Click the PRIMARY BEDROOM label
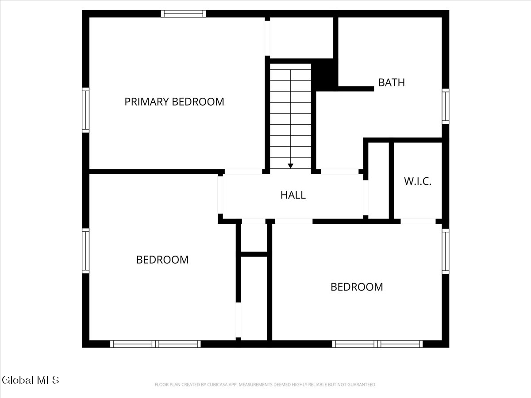(x=174, y=102)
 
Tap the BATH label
(x=391, y=82)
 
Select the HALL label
(x=293, y=195)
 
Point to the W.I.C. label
(x=417, y=181)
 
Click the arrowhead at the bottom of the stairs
(x=290, y=166)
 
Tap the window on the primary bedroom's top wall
(x=183, y=14)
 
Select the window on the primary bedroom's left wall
(x=85, y=110)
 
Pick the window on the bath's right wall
(x=445, y=106)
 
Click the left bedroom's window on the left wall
(x=85, y=250)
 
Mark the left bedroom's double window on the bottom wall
(x=155, y=344)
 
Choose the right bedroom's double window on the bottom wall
(x=377, y=344)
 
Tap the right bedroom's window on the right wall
(x=445, y=251)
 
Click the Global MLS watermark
(x=30, y=380)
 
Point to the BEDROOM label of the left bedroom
(x=162, y=260)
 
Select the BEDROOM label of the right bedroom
(x=357, y=287)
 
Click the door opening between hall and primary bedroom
(x=244, y=171)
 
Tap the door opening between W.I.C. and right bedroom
(x=418, y=221)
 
